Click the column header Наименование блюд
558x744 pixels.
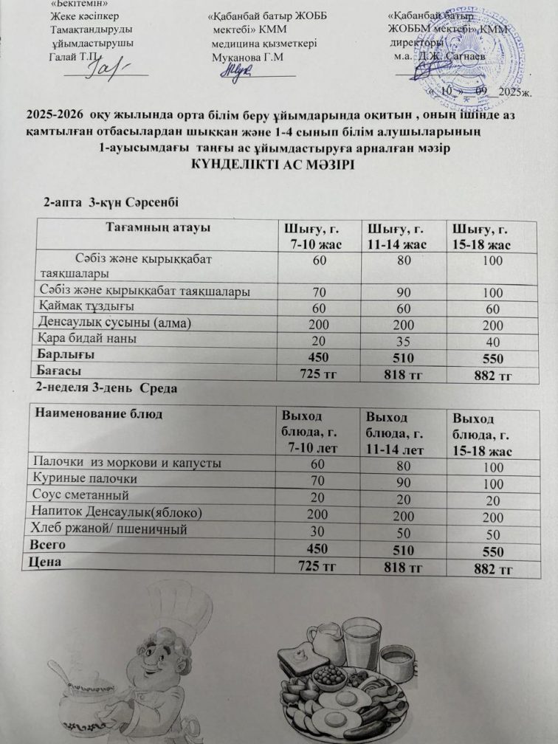99,414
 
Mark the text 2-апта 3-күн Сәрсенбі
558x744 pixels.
112,201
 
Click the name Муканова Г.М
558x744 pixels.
247,57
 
